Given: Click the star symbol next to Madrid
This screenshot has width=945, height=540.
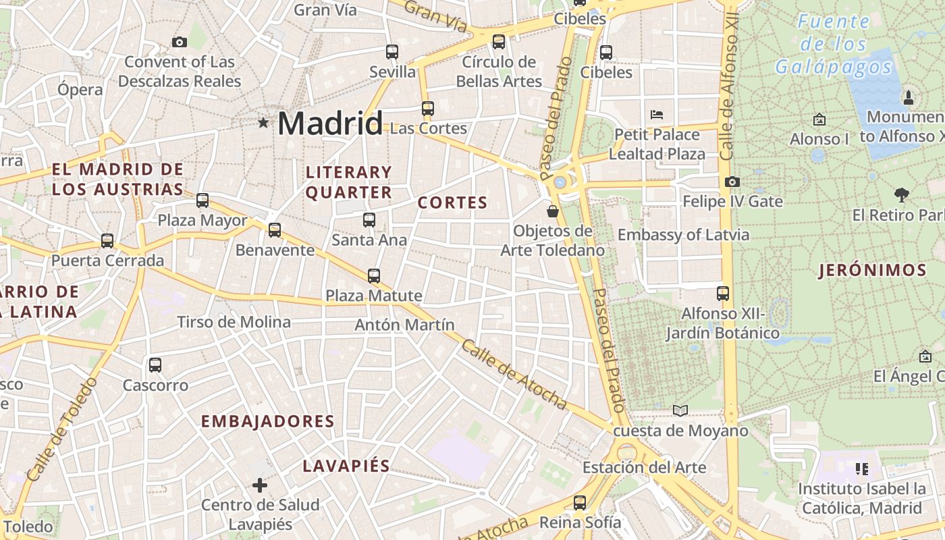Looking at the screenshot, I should (263, 123).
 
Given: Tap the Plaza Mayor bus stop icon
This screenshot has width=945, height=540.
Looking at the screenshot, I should (202, 200).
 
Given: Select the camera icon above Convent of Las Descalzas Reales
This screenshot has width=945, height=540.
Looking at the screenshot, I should (180, 42).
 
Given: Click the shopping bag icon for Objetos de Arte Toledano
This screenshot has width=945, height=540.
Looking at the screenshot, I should (553, 211).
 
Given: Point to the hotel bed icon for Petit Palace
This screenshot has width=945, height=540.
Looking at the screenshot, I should (657, 114).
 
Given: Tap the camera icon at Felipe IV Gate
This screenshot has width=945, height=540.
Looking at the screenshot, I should (732, 182).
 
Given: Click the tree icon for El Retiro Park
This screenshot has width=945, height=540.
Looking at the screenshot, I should (901, 195).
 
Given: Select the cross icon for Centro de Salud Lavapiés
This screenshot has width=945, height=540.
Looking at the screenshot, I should (260, 485).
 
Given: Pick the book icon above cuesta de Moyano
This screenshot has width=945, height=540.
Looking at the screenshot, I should (680, 410).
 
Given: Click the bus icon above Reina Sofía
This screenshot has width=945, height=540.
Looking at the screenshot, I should (580, 502).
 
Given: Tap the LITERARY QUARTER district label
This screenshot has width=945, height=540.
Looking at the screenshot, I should (348, 182).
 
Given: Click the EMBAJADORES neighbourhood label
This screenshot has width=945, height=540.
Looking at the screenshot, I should (268, 421).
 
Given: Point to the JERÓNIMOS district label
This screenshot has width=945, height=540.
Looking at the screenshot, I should (872, 271).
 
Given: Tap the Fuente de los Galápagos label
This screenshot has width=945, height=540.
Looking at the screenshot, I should (834, 45).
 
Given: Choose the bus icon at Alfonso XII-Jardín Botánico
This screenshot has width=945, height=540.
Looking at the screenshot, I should (723, 294).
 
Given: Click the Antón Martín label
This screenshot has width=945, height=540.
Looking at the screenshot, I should (405, 325).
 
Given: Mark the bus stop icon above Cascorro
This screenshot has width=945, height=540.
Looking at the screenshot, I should (155, 365).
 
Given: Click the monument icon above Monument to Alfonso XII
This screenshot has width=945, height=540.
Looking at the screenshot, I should (908, 97).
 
